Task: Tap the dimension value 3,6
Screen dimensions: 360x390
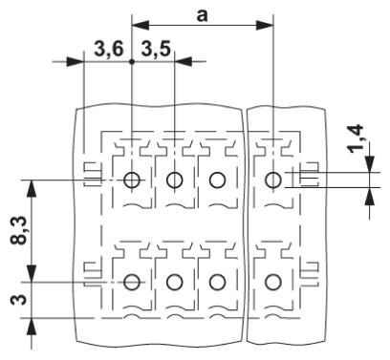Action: pos(109,49)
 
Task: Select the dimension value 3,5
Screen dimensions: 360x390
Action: pos(156,49)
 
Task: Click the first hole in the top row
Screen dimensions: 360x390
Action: pos(132,179)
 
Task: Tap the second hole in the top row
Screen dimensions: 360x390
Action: pos(175,179)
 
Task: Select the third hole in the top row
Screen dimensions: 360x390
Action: pos(218,179)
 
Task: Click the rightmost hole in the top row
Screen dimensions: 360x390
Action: pos(274,179)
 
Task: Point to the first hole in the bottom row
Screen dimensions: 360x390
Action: pos(132,282)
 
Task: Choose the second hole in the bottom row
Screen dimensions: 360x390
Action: pos(175,282)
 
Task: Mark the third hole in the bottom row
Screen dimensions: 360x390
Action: pos(218,282)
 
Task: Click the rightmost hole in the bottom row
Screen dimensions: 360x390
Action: pos(274,282)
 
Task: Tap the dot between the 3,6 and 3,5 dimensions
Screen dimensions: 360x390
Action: pos(132,61)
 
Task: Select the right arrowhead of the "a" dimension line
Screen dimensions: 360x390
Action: pos(269,23)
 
